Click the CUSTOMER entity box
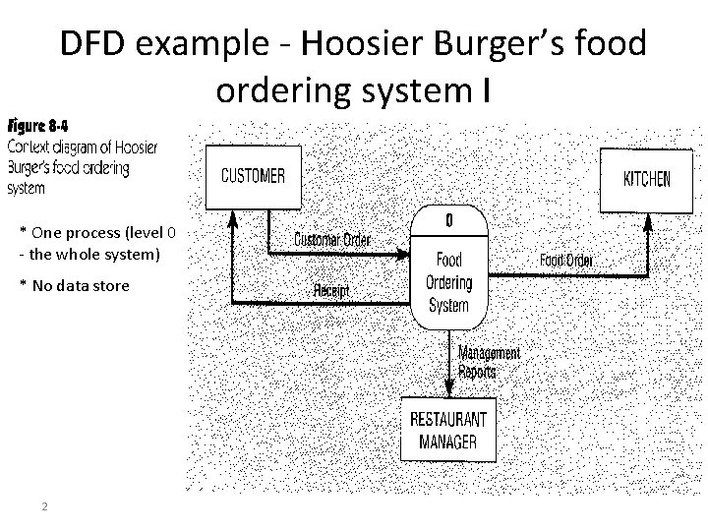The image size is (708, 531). (x=253, y=177)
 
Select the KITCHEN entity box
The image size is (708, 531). (x=646, y=179)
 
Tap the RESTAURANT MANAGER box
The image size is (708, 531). (x=448, y=429)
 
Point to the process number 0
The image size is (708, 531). (x=449, y=221)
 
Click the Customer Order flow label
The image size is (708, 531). (x=333, y=240)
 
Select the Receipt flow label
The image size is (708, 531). (x=332, y=291)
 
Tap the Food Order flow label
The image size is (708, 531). (x=566, y=261)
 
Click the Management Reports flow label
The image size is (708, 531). (x=489, y=362)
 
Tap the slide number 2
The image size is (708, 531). (x=45, y=506)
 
